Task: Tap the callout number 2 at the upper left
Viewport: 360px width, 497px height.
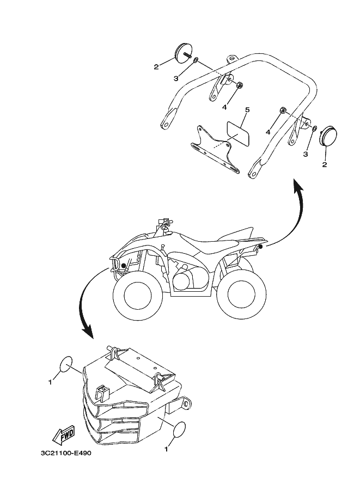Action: coord(156,67)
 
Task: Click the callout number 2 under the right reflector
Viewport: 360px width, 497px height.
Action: coord(325,164)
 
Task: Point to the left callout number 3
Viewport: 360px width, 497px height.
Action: coord(176,78)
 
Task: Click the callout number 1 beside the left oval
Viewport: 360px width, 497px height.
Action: coord(50,382)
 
